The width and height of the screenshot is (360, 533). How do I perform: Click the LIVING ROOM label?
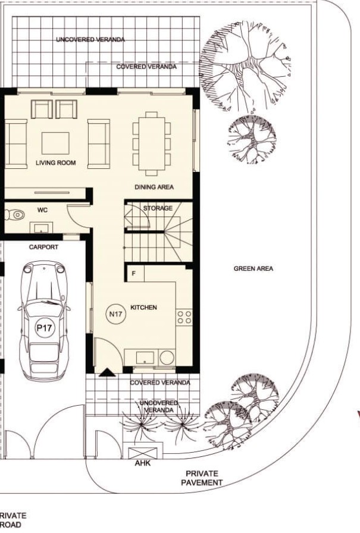55,162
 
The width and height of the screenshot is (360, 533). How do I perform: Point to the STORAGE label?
158,208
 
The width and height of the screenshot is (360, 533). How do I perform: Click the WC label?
42,210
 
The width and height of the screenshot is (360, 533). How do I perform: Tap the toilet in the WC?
12,215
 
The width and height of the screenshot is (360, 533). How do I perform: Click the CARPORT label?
44,247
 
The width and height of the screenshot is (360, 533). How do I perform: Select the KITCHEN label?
143,308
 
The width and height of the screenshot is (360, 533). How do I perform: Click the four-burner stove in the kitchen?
184,316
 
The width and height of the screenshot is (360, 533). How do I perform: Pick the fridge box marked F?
134,274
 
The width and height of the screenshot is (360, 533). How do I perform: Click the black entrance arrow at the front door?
107,372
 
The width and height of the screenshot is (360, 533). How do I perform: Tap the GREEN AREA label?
253,269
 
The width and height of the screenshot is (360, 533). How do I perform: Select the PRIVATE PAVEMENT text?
202,478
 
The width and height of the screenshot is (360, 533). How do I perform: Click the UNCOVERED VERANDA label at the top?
90,39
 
